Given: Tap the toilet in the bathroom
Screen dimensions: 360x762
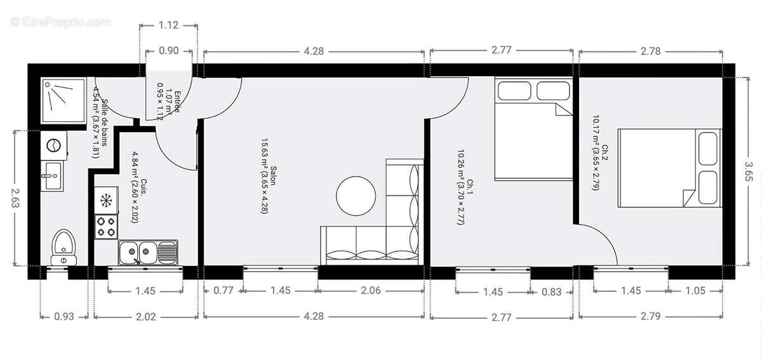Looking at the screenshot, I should pos(64,247).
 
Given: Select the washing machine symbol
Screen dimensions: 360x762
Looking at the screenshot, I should pos(53,145).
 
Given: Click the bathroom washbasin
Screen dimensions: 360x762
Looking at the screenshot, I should pos(52,175).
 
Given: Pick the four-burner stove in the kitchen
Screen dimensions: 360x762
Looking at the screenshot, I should pos(106,227).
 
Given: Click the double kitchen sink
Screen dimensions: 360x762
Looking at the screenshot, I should pos(146,252).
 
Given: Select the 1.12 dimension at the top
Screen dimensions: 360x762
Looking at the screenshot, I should pos(168,26).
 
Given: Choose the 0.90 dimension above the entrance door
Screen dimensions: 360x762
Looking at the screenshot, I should pos(168,51).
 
